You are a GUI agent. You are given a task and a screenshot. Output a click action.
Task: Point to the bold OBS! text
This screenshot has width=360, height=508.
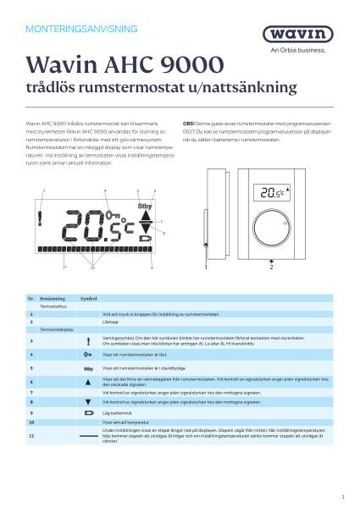point(188,123)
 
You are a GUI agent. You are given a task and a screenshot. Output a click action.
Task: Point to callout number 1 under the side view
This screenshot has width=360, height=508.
point(206,267)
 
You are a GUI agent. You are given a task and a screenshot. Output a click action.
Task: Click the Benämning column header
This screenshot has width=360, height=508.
point(52,300)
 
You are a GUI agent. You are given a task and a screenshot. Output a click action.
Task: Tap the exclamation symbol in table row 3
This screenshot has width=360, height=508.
point(88,341)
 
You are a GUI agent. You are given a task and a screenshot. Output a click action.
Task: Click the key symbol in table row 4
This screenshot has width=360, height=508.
point(88,356)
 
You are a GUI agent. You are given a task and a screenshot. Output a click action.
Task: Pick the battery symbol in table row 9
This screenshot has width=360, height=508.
point(88,412)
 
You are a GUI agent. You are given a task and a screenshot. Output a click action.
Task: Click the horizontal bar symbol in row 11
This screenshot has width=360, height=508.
point(88,434)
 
